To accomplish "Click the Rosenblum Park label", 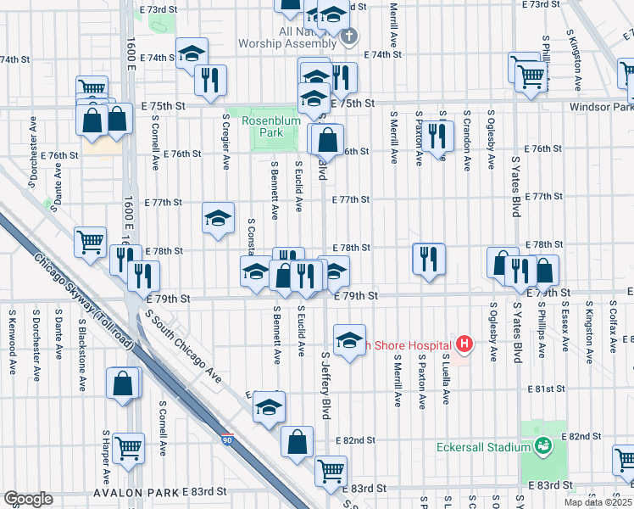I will point(261,127).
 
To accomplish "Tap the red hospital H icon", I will point(464,344).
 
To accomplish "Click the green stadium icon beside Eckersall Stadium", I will point(543,444).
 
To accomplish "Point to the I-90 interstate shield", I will point(228,440).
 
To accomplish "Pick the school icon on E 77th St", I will point(218,219).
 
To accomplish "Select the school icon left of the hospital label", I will point(349,339).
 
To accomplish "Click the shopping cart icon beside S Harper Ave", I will point(128,447).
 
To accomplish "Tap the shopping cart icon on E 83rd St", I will point(331,471).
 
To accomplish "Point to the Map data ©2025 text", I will point(598,502).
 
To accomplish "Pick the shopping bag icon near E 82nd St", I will point(297,441).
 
